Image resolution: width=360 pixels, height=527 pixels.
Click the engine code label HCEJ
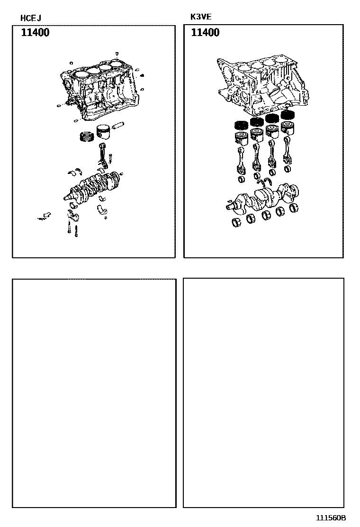click(x=30, y=18)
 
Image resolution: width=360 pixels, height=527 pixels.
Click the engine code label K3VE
click(x=200, y=17)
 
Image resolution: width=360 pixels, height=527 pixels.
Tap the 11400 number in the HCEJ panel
click(x=35, y=33)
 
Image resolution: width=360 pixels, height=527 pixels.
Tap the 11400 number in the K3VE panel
click(x=205, y=33)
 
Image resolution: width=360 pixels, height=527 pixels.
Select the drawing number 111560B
click(x=331, y=518)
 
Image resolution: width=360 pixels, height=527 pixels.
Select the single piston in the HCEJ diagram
click(x=105, y=132)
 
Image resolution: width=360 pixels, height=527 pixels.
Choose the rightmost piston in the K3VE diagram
click(x=287, y=128)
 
